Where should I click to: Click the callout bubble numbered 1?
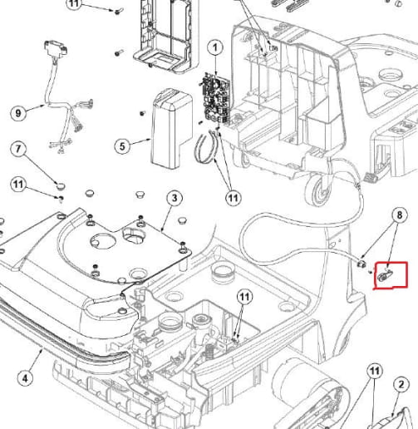pos(215,48)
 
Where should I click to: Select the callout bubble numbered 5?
pos(122,146)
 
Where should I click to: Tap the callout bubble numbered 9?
pos(18,113)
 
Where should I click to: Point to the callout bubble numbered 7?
pos(18,149)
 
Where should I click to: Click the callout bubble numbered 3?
pos(175,198)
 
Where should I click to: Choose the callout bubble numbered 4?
pos(25,378)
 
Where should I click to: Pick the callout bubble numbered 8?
pos(399,214)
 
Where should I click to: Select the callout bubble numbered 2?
pos(401,384)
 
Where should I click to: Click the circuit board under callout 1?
pos(215,97)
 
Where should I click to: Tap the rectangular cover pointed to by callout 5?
pos(172,128)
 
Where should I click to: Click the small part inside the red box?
pos(385,276)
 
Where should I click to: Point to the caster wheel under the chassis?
pos(318,190)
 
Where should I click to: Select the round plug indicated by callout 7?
pos(60,185)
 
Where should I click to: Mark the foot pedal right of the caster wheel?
pos(371,177)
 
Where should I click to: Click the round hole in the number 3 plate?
pos(103,240)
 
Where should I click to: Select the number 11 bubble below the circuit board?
pos(234,198)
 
